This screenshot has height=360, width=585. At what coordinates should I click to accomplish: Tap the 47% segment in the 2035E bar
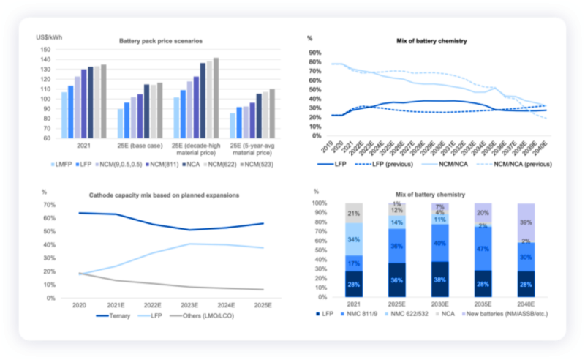click(483, 248)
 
